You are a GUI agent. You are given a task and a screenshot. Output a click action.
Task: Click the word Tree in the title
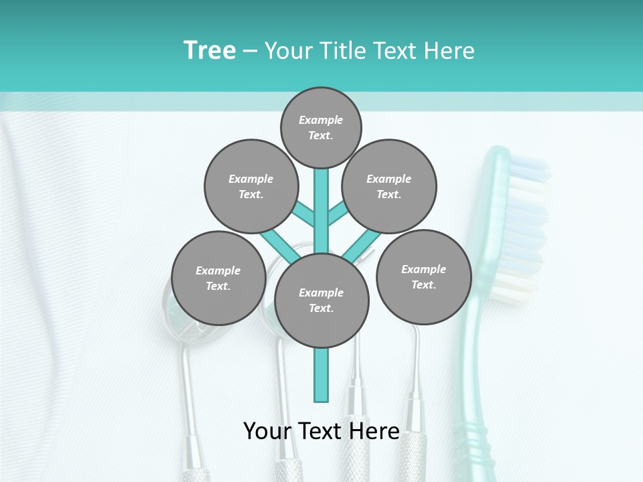point(210,50)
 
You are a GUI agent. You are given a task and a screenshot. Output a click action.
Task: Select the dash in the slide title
point(250,52)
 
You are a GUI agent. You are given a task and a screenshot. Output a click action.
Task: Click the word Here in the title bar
point(448,51)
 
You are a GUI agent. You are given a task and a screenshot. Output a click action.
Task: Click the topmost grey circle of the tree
point(321,127)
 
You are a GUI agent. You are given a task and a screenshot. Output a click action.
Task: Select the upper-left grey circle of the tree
point(251,186)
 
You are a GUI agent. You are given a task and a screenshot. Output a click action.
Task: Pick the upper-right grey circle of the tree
point(388,186)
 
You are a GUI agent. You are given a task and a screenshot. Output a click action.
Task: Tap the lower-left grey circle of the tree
point(218,278)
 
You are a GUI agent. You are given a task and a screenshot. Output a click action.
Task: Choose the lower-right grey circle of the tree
point(423,276)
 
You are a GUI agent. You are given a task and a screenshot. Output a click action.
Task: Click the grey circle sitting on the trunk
point(321,300)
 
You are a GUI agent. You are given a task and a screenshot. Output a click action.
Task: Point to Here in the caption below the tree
point(377,430)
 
